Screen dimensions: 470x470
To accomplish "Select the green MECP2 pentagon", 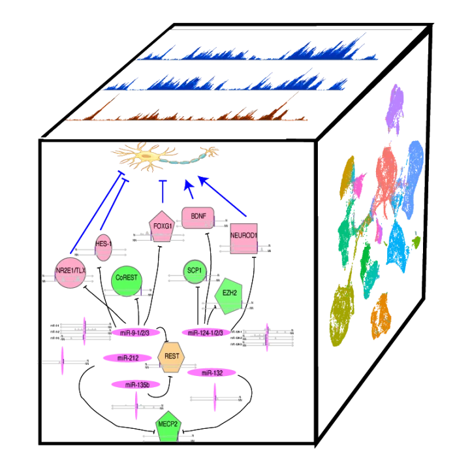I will pyautogui.click(x=168, y=426).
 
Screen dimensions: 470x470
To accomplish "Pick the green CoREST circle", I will pyautogui.click(x=127, y=279).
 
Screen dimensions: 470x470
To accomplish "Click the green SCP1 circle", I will pyautogui.click(x=195, y=271).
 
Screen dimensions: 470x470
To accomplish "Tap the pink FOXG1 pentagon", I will pyautogui.click(x=162, y=227).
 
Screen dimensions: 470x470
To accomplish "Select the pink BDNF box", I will pyautogui.click(x=198, y=216).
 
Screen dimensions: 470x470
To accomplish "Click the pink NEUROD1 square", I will pyautogui.click(x=244, y=237).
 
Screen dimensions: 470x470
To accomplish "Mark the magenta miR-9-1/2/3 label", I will pyautogui.click(x=135, y=333).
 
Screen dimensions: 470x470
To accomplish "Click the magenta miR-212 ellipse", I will pyautogui.click(x=127, y=358).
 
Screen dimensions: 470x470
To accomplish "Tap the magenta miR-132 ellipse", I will pyautogui.click(x=212, y=373).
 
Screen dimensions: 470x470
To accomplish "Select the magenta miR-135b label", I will pyautogui.click(x=135, y=385).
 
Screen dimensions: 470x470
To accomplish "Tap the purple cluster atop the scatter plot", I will pyautogui.click(x=396, y=104).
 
